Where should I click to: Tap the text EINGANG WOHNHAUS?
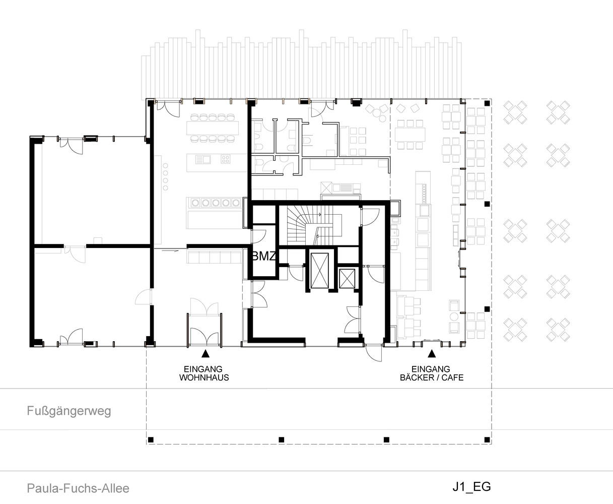(204, 373)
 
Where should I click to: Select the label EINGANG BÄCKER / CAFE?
(431, 373)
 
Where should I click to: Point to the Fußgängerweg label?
(69, 411)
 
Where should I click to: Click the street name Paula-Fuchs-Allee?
(78, 488)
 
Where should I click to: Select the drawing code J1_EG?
(471, 486)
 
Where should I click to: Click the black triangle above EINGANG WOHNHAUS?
(205, 354)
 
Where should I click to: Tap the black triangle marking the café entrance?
(431, 354)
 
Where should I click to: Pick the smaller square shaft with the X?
(347, 278)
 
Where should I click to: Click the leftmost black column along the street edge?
(150, 439)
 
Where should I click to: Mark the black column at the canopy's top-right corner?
(487, 103)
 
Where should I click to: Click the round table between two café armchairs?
(454, 317)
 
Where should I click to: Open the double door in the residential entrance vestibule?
(204, 333)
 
